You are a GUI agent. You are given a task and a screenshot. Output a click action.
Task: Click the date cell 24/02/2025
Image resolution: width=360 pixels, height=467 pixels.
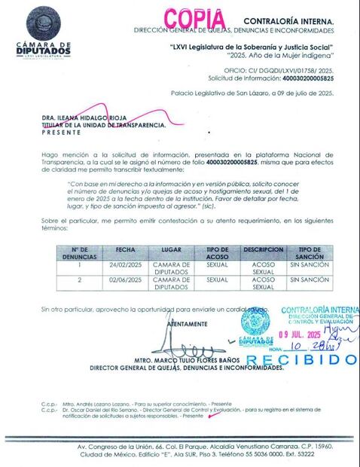tap(126, 265)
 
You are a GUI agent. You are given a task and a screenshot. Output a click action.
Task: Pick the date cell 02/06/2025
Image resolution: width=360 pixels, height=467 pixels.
tap(126, 279)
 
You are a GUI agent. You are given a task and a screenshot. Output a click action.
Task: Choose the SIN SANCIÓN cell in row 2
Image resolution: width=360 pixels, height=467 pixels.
tap(310, 279)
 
